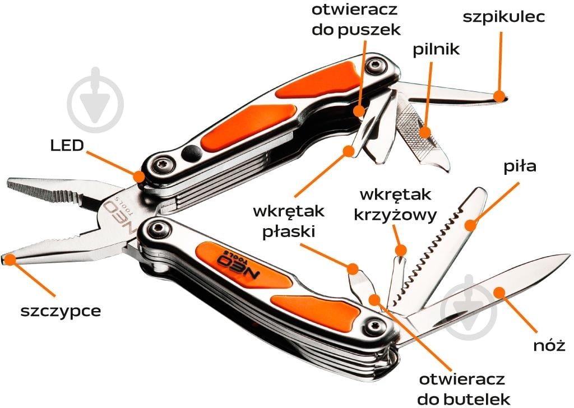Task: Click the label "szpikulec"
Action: (503, 16)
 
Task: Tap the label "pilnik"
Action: (436, 49)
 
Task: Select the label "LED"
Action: (67, 146)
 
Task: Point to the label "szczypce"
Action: (61, 310)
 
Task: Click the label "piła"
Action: (520, 167)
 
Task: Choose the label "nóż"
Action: (549, 345)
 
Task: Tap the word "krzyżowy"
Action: (396, 216)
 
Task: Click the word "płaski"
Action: (287, 231)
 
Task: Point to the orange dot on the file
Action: (426, 132)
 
